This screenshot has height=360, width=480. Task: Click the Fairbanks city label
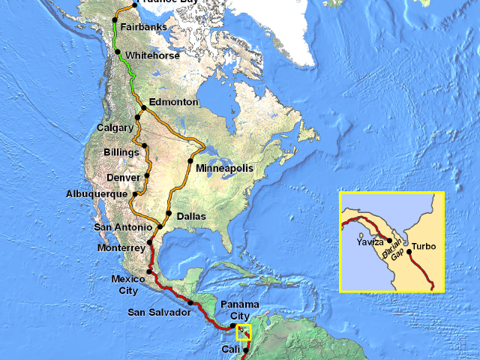pyautogui.click(x=145, y=28)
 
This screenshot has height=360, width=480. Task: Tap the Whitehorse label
pyautogui.click(x=153, y=55)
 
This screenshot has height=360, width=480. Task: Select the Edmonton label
pyautogui.click(x=173, y=102)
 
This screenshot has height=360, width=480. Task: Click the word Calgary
pyautogui.click(x=115, y=127)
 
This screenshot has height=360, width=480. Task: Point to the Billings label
pyautogui.click(x=121, y=152)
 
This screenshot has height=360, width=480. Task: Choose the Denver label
pyautogui.click(x=124, y=178)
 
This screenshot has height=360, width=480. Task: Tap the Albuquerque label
pyautogui.click(x=95, y=194)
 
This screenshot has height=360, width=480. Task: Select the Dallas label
pyautogui.click(x=191, y=216)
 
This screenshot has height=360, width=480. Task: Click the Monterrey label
pyautogui.click(x=121, y=247)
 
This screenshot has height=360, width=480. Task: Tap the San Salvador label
pyautogui.click(x=159, y=312)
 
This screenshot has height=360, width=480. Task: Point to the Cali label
pyautogui.click(x=231, y=350)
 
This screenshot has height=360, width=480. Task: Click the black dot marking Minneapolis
pyautogui.click(x=190, y=161)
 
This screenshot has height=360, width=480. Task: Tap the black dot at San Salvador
pyautogui.click(x=190, y=303)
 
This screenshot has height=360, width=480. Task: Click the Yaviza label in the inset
pyautogui.click(x=371, y=242)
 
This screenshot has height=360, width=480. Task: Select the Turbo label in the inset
pyautogui.click(x=424, y=246)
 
